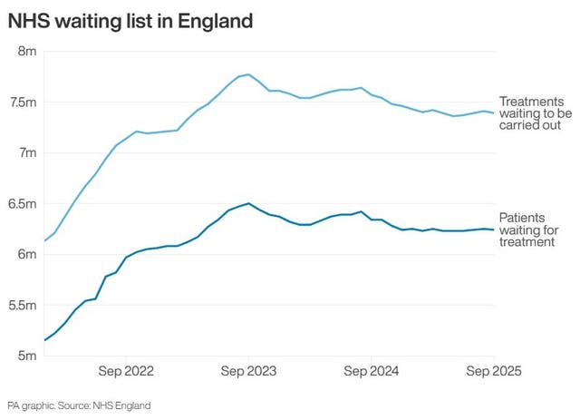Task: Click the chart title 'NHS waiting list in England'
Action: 130,19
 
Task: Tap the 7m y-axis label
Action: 26,152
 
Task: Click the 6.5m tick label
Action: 23,203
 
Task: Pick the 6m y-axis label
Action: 26,254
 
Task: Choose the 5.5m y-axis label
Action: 23,305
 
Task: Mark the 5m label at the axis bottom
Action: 26,356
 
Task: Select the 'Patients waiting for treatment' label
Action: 528,230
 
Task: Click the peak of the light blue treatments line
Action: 248,74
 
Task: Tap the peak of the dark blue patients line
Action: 248,203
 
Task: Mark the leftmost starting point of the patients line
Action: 44,340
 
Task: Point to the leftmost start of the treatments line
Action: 44,240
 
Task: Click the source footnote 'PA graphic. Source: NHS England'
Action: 79,405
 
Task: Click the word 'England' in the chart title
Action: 214,19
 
